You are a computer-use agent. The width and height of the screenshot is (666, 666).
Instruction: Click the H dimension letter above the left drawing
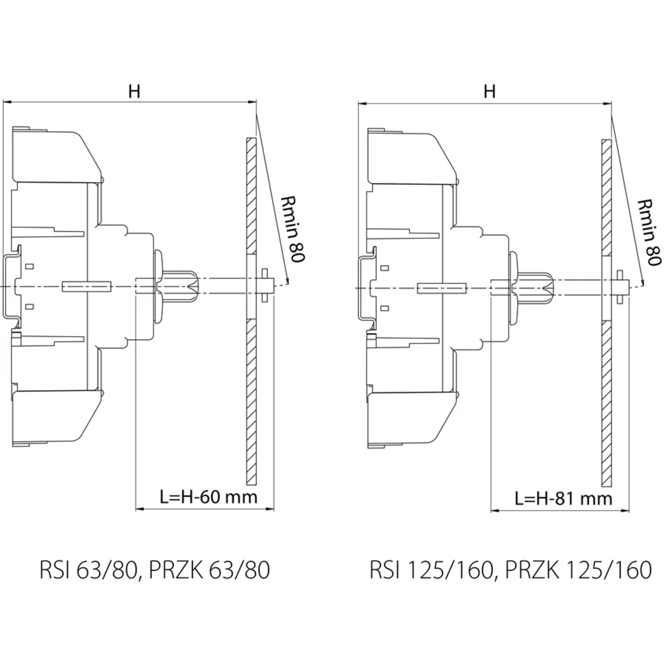tap(134, 92)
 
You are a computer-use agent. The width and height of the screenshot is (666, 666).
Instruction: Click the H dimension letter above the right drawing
tap(489, 92)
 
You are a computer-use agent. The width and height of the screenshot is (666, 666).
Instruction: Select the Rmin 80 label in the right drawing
tap(648, 231)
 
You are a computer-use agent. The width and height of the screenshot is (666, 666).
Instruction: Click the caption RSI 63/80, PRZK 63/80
tap(155, 571)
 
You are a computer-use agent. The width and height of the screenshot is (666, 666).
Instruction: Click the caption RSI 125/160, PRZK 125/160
tap(511, 571)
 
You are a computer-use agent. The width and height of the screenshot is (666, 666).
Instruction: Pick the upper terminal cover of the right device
tap(411, 158)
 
